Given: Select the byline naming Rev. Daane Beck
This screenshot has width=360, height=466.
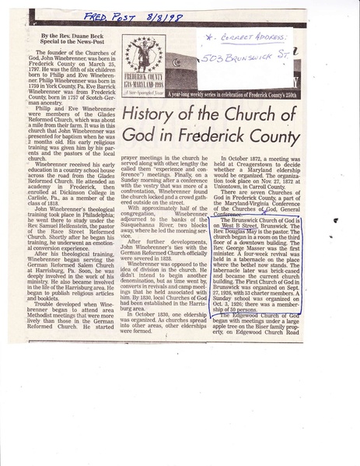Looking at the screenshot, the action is (x=78, y=37).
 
